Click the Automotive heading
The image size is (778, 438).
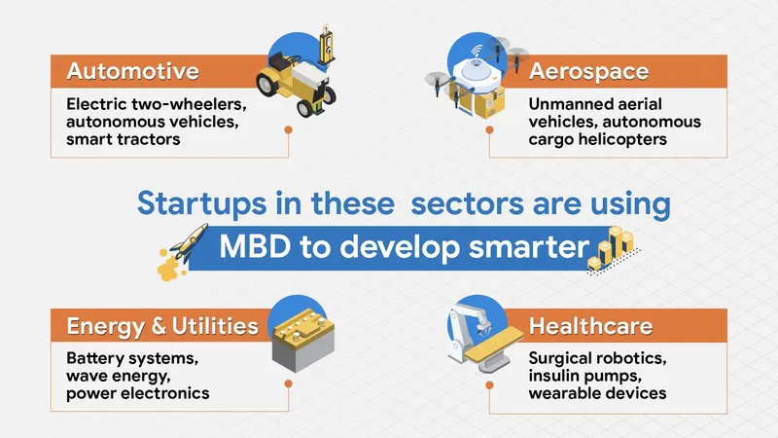click(132, 71)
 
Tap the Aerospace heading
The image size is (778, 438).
click(588, 71)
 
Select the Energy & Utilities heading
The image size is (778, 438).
click(161, 324)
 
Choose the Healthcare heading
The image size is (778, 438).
click(590, 324)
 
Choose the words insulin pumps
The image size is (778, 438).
click(584, 375)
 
